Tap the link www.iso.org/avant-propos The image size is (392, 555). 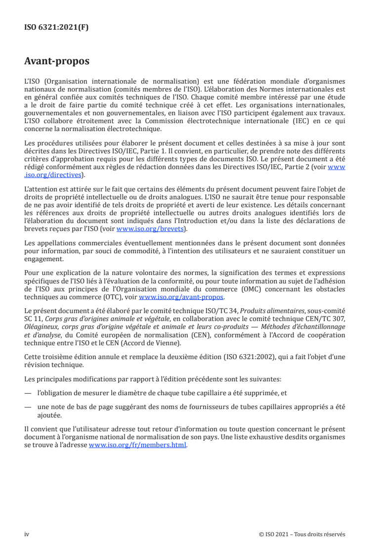[x=181, y=297]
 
